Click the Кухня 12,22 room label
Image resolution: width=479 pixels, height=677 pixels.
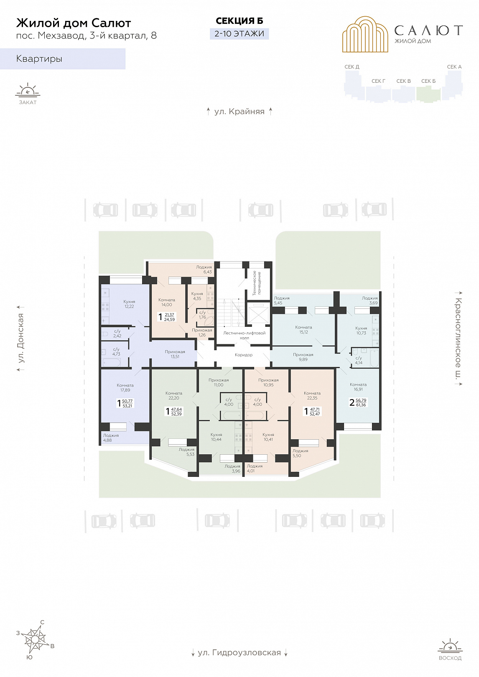click(x=129, y=304)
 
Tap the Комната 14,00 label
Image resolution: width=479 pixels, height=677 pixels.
click(x=166, y=302)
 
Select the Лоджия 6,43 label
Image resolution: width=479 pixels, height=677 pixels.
click(x=204, y=269)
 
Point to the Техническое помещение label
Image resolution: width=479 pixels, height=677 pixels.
click(x=257, y=283)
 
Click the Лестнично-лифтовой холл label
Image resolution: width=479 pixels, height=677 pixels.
click(x=244, y=335)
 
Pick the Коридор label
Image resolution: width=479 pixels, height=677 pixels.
click(x=244, y=355)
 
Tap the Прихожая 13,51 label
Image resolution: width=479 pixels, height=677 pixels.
click(x=175, y=354)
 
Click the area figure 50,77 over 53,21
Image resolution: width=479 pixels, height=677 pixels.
click(x=127, y=403)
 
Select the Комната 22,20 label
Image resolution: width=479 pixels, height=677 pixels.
click(x=174, y=395)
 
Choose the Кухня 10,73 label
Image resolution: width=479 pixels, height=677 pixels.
click(x=361, y=330)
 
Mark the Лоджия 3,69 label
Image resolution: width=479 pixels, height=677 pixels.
click(x=370, y=300)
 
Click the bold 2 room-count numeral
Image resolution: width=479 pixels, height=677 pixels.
click(x=352, y=402)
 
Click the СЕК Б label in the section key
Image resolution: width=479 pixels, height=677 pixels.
click(x=428, y=81)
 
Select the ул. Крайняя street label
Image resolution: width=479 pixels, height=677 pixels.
click(x=239, y=112)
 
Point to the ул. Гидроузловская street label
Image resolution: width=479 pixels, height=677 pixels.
click(x=239, y=652)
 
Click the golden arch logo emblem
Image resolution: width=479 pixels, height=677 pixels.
click(x=365, y=34)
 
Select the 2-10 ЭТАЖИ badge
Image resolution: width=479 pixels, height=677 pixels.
click(x=239, y=33)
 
